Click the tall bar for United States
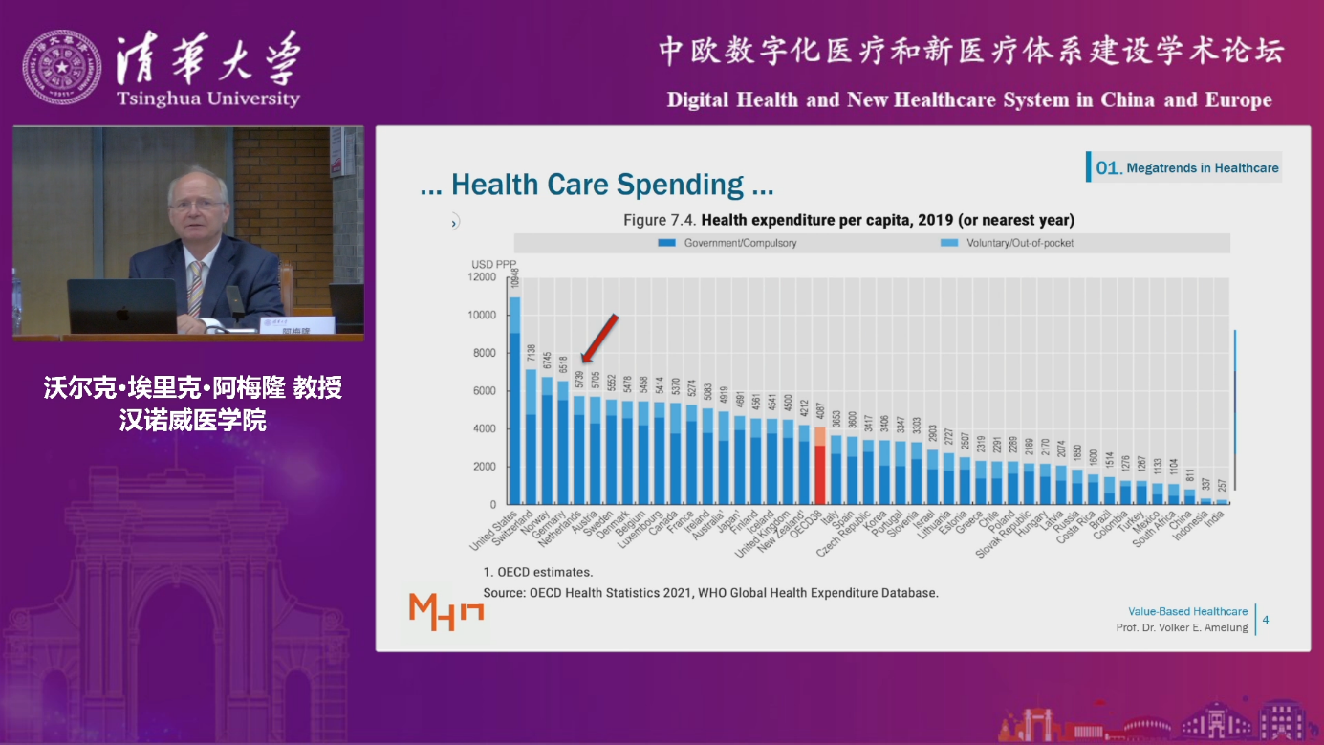[x=514, y=402]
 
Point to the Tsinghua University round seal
[x=61, y=68]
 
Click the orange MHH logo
[x=445, y=611]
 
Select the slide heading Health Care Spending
[x=597, y=185]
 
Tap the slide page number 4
[x=1266, y=620]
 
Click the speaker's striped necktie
[x=195, y=288]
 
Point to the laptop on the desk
[x=121, y=306]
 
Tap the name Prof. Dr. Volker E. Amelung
[x=1182, y=627]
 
